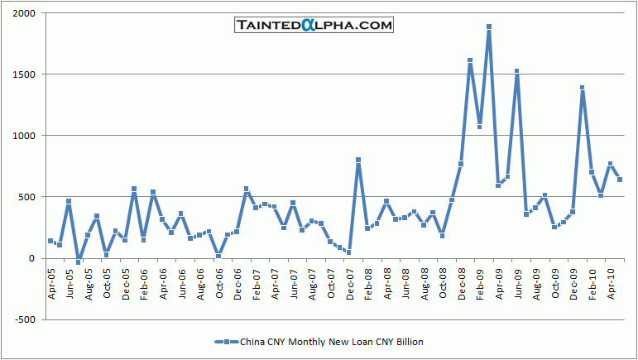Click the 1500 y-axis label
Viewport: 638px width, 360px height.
point(25,74)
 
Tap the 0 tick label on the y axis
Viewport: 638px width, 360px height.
point(33,258)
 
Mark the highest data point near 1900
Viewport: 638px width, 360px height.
point(489,26)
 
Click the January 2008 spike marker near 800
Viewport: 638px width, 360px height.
point(358,160)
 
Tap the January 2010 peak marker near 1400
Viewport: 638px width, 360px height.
point(583,88)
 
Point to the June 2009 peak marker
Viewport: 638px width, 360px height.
point(517,71)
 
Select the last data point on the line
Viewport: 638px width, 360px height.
point(620,180)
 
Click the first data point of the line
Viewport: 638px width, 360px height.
point(50,241)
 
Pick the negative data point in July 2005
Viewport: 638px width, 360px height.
point(79,262)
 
